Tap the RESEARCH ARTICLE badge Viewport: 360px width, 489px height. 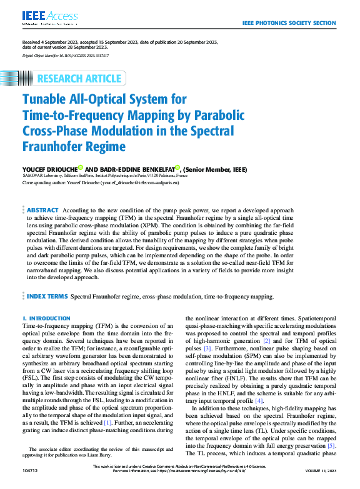[x=79, y=78]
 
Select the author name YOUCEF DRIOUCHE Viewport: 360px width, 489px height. [x=48, y=169]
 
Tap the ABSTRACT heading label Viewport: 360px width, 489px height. [x=42, y=210]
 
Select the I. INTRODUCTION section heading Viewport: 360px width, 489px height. [x=46, y=319]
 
